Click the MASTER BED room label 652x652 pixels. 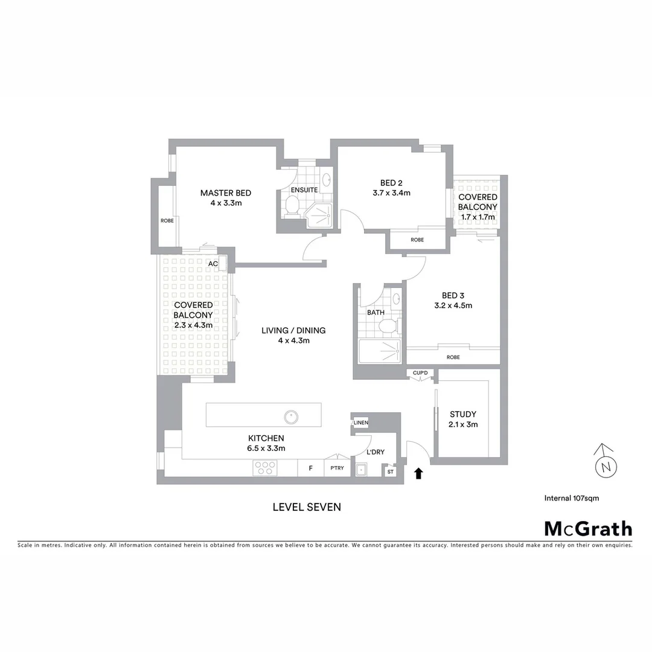(226, 193)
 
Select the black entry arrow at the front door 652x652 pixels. (418, 473)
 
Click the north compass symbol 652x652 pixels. (606, 462)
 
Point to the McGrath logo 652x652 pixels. (588, 529)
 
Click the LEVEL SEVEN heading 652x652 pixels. (307, 507)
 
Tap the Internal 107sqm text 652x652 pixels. (571, 498)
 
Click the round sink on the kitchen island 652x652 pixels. (291, 415)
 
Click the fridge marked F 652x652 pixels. (310, 468)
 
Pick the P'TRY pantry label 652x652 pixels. (336, 468)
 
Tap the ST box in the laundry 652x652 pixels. (390, 471)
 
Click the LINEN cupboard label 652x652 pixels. (361, 423)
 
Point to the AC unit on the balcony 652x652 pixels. (213, 264)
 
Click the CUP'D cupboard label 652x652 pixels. (420, 373)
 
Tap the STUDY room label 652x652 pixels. (463, 414)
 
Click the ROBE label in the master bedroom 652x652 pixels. (167, 220)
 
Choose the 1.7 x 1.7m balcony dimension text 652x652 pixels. (477, 217)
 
